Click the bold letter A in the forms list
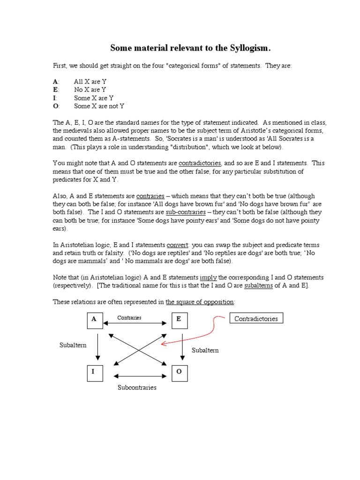click(x=55, y=81)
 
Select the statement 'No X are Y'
click(x=90, y=90)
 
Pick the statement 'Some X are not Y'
click(x=99, y=106)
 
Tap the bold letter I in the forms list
click(x=54, y=98)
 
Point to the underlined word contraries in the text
click(x=149, y=196)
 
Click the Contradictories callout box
click(x=256, y=319)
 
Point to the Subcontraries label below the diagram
click(x=137, y=388)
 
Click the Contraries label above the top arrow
click(x=129, y=317)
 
